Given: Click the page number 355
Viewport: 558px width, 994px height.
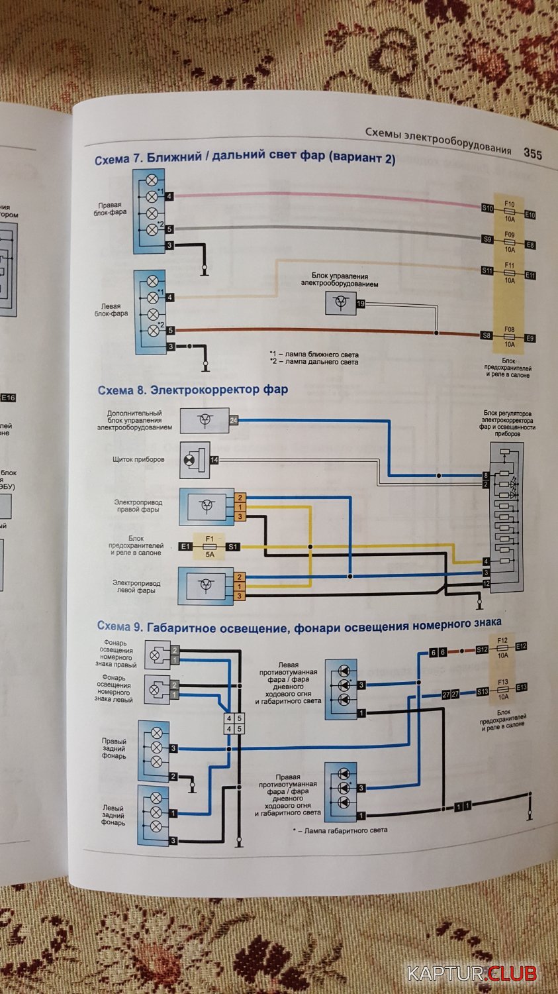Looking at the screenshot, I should (532, 154).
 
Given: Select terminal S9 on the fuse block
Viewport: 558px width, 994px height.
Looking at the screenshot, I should (487, 240).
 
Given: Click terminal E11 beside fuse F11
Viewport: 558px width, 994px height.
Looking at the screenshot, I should (530, 275).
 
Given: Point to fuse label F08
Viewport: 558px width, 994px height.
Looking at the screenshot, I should (509, 329).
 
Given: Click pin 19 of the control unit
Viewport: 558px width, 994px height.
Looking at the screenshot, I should (361, 304).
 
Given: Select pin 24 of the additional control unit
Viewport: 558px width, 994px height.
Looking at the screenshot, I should (233, 420).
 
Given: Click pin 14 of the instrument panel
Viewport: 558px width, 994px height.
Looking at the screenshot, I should (214, 460).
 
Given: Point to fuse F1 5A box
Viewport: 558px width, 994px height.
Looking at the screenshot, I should (209, 547).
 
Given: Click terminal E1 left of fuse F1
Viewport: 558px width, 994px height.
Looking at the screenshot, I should (185, 547).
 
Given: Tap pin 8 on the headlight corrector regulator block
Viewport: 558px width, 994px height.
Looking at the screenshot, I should (485, 476).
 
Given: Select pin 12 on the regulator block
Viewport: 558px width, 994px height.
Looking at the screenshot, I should (486, 583).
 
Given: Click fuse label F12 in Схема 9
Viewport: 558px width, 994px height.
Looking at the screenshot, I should (502, 641).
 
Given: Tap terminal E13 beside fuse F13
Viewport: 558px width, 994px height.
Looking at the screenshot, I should (522, 688).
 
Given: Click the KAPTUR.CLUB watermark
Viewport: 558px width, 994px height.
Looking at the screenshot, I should (471, 973).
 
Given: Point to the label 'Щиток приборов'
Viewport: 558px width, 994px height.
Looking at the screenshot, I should (138, 459).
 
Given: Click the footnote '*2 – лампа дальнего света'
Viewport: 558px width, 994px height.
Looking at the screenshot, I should (314, 362).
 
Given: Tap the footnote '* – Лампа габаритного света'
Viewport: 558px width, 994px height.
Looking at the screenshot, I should (340, 830).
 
